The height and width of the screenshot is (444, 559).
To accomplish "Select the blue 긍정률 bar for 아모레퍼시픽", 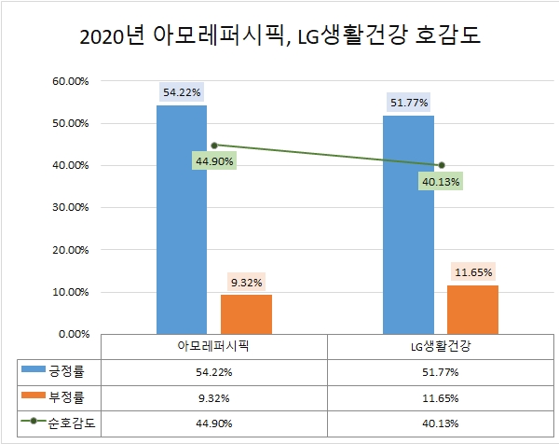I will click(182, 219).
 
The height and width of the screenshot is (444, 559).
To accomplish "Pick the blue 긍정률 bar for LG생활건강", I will click(408, 224).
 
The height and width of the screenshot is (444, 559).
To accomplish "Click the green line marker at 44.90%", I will click(214, 146).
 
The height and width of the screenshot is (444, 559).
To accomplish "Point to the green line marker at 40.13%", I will click(441, 165).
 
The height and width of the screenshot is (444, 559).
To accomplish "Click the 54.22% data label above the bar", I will click(182, 92).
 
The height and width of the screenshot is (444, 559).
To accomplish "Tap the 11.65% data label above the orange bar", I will click(473, 272).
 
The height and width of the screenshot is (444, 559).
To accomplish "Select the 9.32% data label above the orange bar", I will click(246, 282).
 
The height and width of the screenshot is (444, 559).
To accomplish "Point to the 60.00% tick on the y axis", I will click(69, 81).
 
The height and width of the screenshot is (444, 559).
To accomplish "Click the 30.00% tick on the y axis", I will click(69, 208).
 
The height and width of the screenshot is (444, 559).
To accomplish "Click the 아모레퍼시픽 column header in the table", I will click(214, 346).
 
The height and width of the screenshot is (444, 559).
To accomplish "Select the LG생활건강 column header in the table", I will click(441, 346).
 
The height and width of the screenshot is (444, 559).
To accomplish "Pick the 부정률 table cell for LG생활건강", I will click(441, 395).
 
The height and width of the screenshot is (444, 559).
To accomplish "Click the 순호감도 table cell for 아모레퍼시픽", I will click(214, 421).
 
